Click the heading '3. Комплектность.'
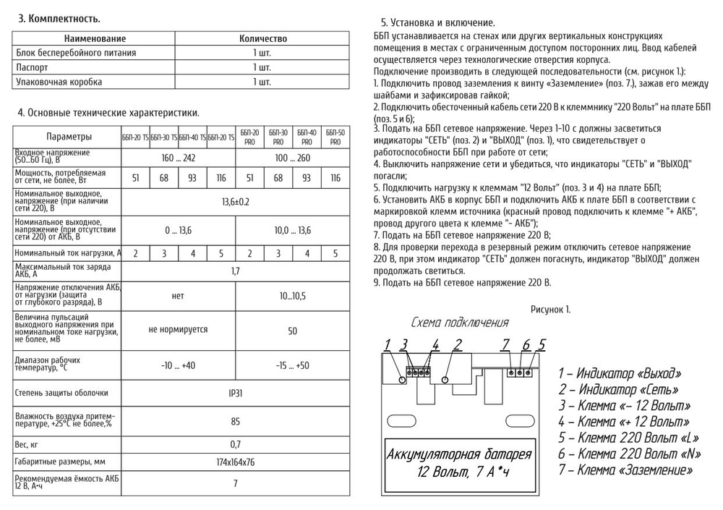pos(59,18)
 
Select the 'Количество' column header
pos(262,38)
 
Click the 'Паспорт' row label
pos(32,67)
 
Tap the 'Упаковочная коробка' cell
pos(59,82)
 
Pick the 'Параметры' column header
pos(69,137)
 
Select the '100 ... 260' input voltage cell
pos(292,157)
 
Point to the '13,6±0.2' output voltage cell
pos(235,201)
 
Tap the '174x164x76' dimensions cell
pos(235,462)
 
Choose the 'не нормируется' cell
pos(178,329)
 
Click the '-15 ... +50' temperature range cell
pos(292,365)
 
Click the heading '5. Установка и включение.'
pos(437,23)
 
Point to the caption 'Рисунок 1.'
pos(550,309)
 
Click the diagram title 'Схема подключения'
pos(460,323)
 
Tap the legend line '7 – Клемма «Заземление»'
pos(625,470)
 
